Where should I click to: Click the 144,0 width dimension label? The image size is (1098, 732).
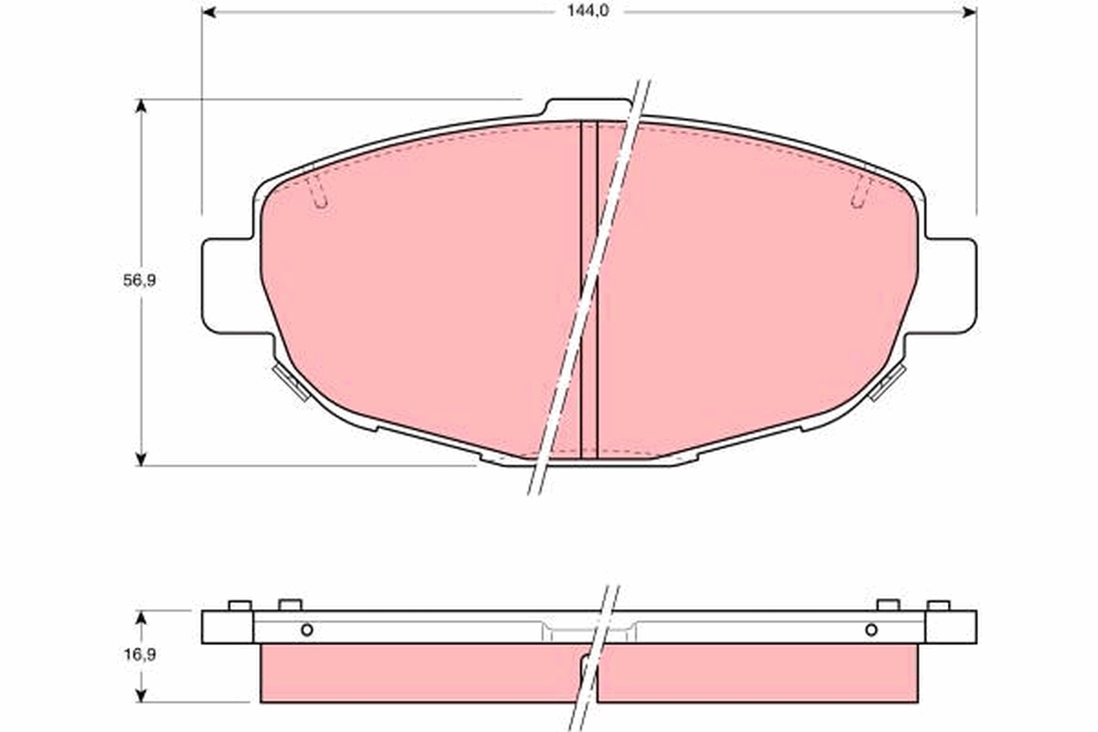[x=587, y=11]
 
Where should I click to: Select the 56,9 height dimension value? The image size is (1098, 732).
[x=140, y=280]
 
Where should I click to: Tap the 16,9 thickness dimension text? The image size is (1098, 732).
[x=140, y=654]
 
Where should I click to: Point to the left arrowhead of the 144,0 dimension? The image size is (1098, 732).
[x=209, y=12]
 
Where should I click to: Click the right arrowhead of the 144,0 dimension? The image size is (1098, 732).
[x=970, y=12]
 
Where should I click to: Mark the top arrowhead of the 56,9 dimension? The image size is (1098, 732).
[x=141, y=106]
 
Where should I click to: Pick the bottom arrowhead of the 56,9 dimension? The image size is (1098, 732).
[x=141, y=459]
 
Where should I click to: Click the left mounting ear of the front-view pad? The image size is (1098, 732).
[x=228, y=286]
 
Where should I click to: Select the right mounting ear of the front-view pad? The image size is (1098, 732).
[x=951, y=286]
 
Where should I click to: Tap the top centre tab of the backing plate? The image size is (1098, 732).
[x=588, y=107]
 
